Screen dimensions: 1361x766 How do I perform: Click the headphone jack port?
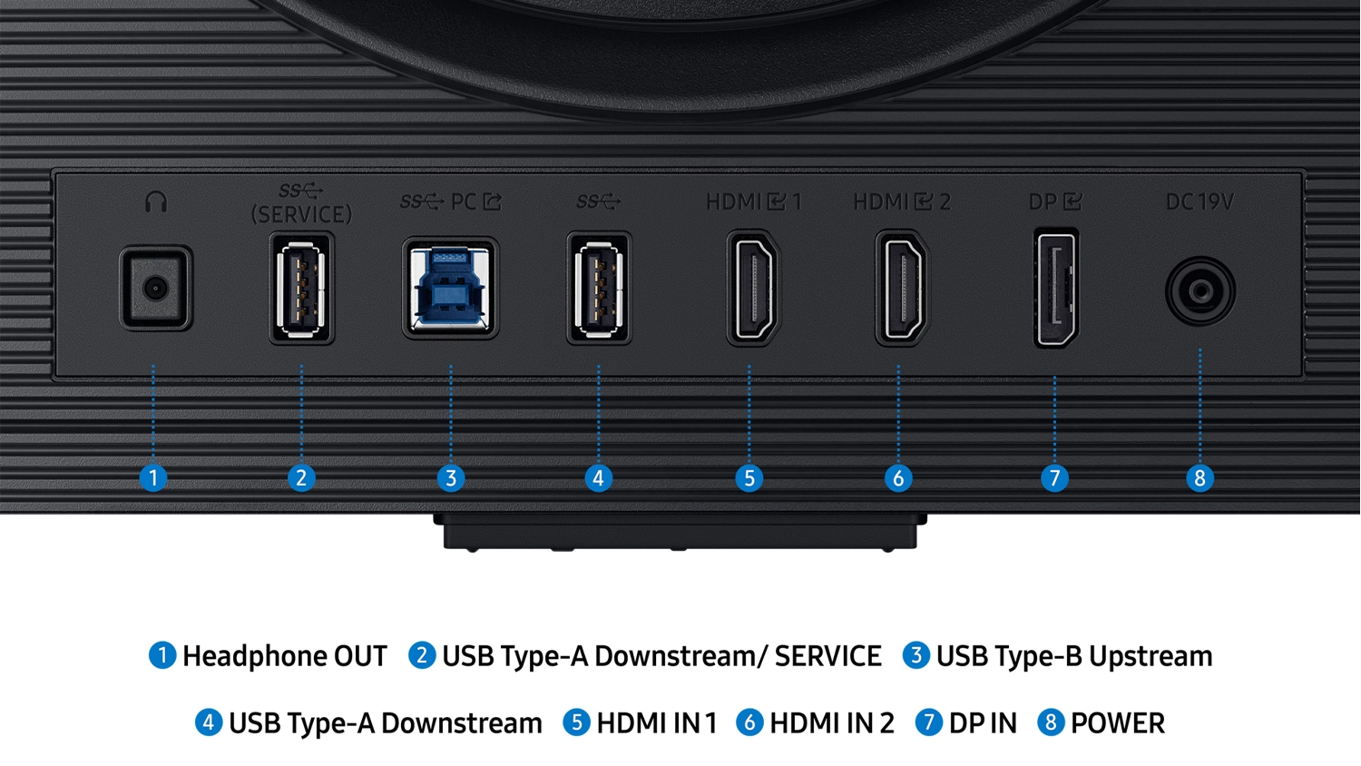tap(155, 288)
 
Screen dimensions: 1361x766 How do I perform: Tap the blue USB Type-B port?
tap(450, 289)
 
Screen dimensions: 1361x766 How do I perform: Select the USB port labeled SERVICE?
tap(301, 289)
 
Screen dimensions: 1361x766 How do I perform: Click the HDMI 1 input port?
tap(753, 289)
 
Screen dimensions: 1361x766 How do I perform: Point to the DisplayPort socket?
tap(1056, 289)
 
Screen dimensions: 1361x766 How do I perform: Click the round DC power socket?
tap(1200, 291)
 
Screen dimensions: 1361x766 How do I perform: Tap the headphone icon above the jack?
tap(156, 201)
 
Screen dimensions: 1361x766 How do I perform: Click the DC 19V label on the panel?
tap(1199, 201)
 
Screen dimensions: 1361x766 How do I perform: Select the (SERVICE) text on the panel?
tap(301, 214)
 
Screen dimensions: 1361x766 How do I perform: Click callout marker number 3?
tap(451, 477)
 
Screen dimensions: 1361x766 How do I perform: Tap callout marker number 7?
tap(1054, 477)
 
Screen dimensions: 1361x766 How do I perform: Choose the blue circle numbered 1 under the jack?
tap(153, 477)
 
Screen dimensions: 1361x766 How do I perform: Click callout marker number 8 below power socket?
tap(1200, 477)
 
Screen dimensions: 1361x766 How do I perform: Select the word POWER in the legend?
tap(1118, 723)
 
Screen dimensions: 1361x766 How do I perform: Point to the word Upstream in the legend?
tap(1150, 656)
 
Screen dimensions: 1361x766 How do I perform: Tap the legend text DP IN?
tap(983, 723)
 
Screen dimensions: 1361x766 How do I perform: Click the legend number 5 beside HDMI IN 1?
tap(576, 722)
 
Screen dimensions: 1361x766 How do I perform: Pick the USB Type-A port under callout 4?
tap(599, 289)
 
